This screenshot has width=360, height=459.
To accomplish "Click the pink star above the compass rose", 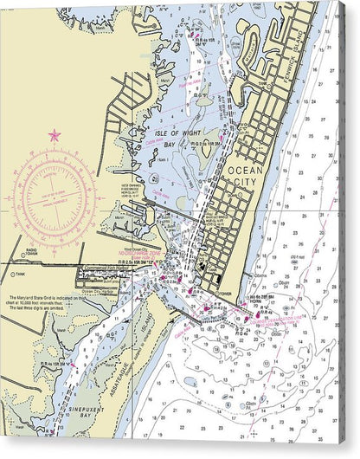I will point(55,135).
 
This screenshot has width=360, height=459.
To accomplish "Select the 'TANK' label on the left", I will point(20,275).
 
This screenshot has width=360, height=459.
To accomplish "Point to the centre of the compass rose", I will point(55,197).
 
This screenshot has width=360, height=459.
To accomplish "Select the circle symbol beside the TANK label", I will point(11,275).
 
